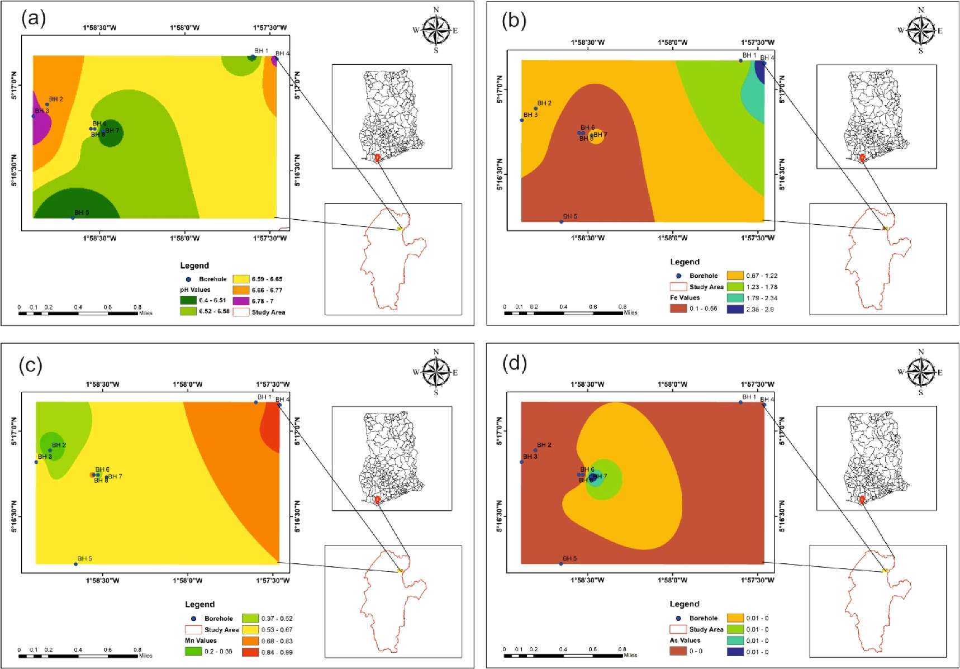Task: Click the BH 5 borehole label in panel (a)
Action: pos(82,213)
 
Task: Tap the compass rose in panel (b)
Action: pos(921,30)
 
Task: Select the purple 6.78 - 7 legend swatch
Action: pos(241,301)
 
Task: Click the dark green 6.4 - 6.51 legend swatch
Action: pos(188,301)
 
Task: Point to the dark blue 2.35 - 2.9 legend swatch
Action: pos(735,309)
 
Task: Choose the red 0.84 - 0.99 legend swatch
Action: pos(250,652)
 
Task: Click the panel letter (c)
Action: pos(30,365)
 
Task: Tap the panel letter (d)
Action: pos(514,364)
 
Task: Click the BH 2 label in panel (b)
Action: pos(544,103)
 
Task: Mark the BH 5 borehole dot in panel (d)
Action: pos(561,563)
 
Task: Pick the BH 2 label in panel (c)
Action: pos(59,445)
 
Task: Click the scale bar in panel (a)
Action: pos(78,313)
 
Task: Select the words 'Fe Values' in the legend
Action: pos(685,298)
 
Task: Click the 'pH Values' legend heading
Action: pos(195,290)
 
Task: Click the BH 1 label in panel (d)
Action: pos(749,397)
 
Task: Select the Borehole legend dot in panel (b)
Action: pos(678,276)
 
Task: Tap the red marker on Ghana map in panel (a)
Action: pos(377,158)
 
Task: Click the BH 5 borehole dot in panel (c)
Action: pos(76,564)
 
